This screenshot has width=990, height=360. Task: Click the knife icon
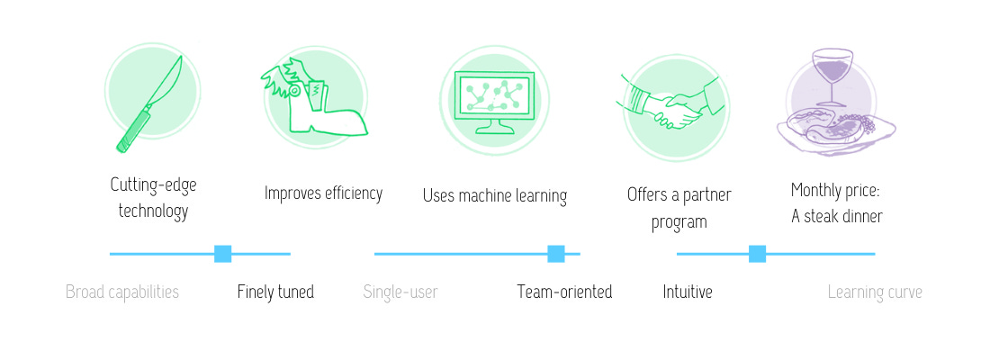(x=149, y=104)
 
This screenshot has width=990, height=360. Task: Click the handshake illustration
(x=671, y=104)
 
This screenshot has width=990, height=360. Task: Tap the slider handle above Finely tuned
(x=223, y=254)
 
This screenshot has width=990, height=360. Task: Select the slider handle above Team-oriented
(x=555, y=254)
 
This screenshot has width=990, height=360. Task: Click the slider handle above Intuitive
(x=757, y=254)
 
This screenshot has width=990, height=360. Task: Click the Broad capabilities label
(x=122, y=292)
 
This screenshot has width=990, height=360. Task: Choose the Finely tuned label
(x=275, y=292)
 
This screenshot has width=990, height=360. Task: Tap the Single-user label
(x=400, y=292)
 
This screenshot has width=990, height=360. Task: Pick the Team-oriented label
(x=564, y=292)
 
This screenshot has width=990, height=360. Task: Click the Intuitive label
(x=688, y=292)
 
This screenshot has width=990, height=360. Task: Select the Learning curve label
(x=875, y=292)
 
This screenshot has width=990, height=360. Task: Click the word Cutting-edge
(x=153, y=185)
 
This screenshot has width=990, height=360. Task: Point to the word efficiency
(x=353, y=193)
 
